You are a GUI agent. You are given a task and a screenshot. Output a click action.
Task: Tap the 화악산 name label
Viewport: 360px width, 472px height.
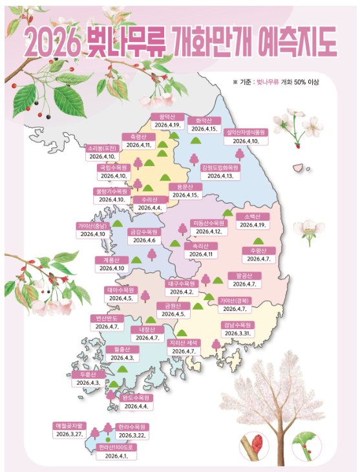pyautogui.click(x=204, y=120)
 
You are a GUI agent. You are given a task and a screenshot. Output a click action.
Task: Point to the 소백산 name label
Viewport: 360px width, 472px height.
pyautogui.click(x=252, y=217)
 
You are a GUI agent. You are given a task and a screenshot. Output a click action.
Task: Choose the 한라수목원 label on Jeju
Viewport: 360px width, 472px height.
pyautogui.click(x=132, y=427)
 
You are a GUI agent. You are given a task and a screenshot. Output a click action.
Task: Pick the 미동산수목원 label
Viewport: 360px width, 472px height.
pyautogui.click(x=209, y=222)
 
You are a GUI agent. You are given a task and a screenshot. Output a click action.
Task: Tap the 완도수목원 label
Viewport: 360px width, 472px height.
pyautogui.click(x=136, y=398)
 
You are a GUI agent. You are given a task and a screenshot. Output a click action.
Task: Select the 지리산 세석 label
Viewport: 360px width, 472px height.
pyautogui.click(x=185, y=343)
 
